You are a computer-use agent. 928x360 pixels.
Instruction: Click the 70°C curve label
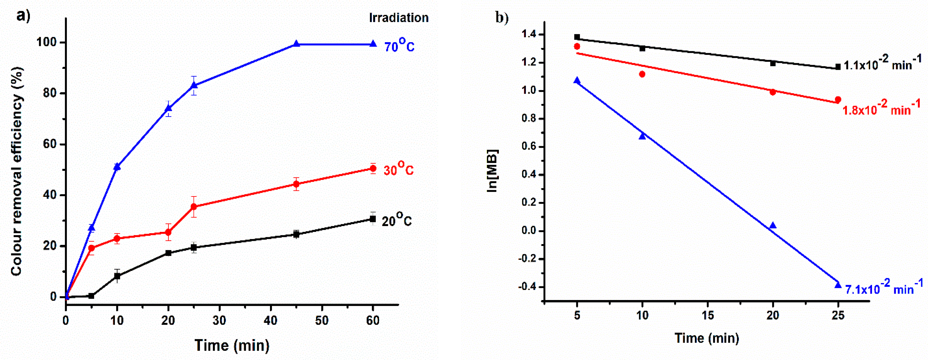[x=399, y=46]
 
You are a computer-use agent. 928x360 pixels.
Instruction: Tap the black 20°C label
[x=396, y=220]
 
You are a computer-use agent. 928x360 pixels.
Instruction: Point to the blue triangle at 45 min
[x=296, y=44]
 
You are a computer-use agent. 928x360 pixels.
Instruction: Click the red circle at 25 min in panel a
[x=194, y=206]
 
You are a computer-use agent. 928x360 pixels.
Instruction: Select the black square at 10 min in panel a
[x=117, y=276]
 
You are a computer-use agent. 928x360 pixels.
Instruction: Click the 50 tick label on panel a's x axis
[x=322, y=320]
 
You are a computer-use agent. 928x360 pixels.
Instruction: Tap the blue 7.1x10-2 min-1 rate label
[x=884, y=288]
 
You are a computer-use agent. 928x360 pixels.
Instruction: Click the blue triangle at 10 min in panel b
[x=642, y=136]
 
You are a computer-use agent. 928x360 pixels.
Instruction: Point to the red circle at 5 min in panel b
[x=577, y=46]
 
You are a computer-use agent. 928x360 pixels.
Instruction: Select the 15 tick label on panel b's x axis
[x=708, y=315]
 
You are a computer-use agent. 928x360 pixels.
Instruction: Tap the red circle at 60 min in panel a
[x=373, y=168]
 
